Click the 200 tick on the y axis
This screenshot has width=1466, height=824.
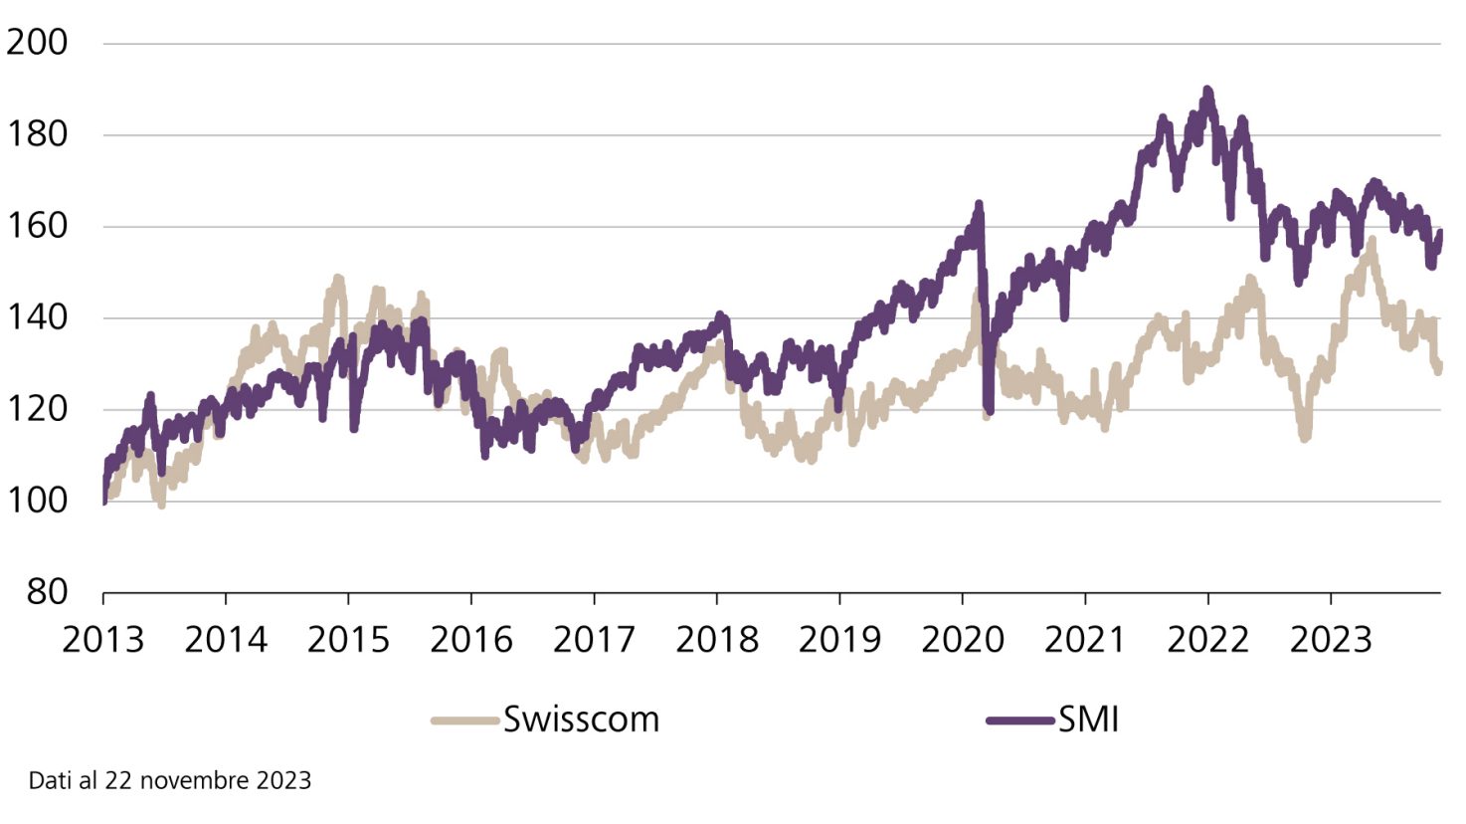(37, 43)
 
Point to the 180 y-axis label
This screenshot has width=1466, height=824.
(37, 134)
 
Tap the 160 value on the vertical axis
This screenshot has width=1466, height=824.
(37, 226)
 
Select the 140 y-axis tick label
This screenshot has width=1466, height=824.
(37, 317)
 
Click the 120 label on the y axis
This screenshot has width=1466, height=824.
(37, 409)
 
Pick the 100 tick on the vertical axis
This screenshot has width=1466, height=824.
(37, 501)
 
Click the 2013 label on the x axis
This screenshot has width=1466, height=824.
(103, 640)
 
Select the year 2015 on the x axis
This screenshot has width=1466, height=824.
(348, 640)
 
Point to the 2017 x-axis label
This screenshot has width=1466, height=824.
(594, 640)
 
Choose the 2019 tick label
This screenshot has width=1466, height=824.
(839, 640)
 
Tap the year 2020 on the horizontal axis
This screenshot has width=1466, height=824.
(962, 640)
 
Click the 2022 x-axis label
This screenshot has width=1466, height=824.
(1207, 640)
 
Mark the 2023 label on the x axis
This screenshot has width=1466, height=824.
(1331, 640)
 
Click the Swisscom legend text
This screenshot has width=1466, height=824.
(581, 720)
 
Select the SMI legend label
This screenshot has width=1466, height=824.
(1089, 720)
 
